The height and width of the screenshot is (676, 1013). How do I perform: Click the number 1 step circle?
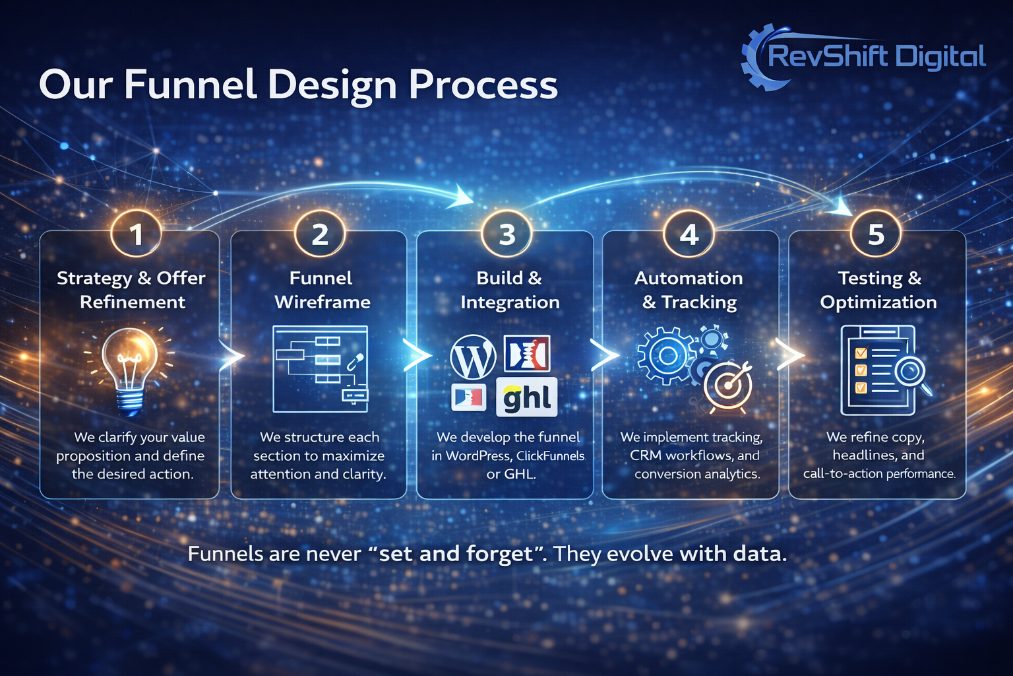pos(136,234)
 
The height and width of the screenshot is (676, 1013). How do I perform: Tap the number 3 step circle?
pos(506,234)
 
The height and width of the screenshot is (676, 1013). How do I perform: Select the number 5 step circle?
pos(876,234)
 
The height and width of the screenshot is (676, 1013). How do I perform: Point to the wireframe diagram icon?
pos(321,369)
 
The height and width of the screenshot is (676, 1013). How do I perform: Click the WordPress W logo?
pos(473,358)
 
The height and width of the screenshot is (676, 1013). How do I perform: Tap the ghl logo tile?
pos(526,397)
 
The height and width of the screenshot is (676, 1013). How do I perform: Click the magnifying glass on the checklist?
pos(911,372)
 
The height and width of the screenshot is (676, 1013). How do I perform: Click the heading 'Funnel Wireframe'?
pos(322,290)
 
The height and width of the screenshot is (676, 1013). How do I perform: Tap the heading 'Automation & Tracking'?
pos(689,290)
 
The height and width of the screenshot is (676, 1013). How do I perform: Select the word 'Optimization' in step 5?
pos(878,302)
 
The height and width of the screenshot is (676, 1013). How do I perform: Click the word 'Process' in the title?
pos(483,86)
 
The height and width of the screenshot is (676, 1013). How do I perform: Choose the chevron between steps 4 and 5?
pos(789,355)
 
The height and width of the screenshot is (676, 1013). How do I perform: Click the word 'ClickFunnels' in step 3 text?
pos(550,456)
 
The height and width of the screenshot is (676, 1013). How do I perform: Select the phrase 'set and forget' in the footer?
pos(456,553)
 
